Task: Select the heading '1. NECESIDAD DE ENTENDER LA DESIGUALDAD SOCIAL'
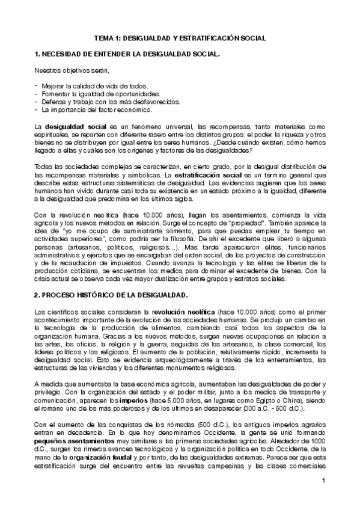click(127, 55)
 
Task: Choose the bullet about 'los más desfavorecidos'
click(102, 102)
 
